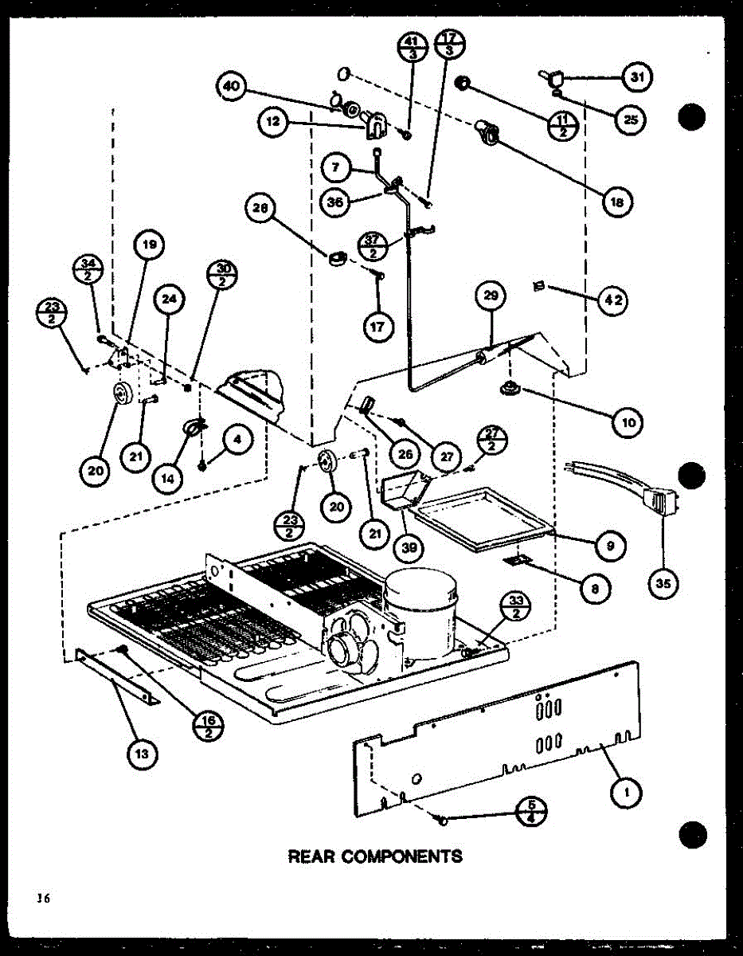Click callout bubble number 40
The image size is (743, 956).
[231, 87]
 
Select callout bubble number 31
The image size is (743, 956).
[636, 77]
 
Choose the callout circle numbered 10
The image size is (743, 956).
[628, 422]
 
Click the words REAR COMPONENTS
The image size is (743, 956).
[374, 856]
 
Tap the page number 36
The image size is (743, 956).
[41, 899]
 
